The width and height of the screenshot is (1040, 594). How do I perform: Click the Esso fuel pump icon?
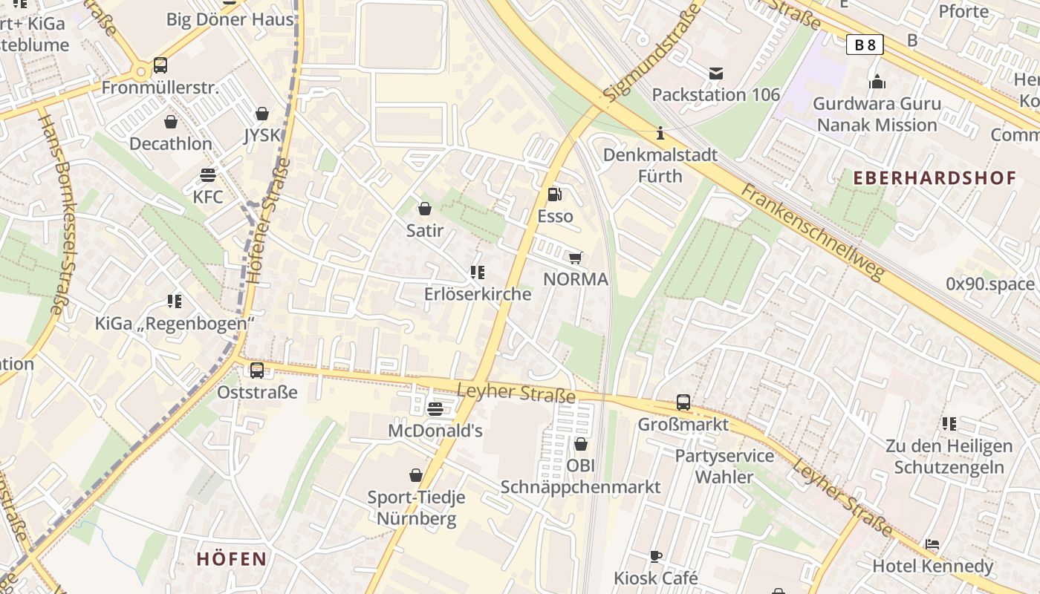554,195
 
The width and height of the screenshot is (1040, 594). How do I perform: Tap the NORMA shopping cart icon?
575,258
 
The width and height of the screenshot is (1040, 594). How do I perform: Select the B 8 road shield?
865,45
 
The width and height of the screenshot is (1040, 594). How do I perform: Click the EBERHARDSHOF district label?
935,177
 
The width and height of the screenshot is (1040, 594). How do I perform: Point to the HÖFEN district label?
232,559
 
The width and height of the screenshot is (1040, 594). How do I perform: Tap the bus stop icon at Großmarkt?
683,403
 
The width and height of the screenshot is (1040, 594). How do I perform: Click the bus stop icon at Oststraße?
257,370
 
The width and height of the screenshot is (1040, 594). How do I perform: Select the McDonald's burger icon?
435,408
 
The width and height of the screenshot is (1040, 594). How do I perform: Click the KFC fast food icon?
208,175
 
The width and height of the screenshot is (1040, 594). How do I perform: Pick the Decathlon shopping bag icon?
171,122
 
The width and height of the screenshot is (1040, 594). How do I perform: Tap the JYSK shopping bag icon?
261,114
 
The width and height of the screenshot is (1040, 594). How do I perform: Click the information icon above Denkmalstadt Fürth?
660,134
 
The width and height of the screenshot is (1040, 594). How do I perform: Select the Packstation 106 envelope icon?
715,73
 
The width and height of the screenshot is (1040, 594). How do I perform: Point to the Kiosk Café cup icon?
655,555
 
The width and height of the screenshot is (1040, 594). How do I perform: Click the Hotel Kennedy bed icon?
932,544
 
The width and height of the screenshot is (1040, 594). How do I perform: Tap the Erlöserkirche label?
478,294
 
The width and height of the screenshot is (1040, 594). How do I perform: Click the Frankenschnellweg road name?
813,232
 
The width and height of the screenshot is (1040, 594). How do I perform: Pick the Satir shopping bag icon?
425,209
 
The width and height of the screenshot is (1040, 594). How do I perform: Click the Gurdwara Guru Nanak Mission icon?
877,82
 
